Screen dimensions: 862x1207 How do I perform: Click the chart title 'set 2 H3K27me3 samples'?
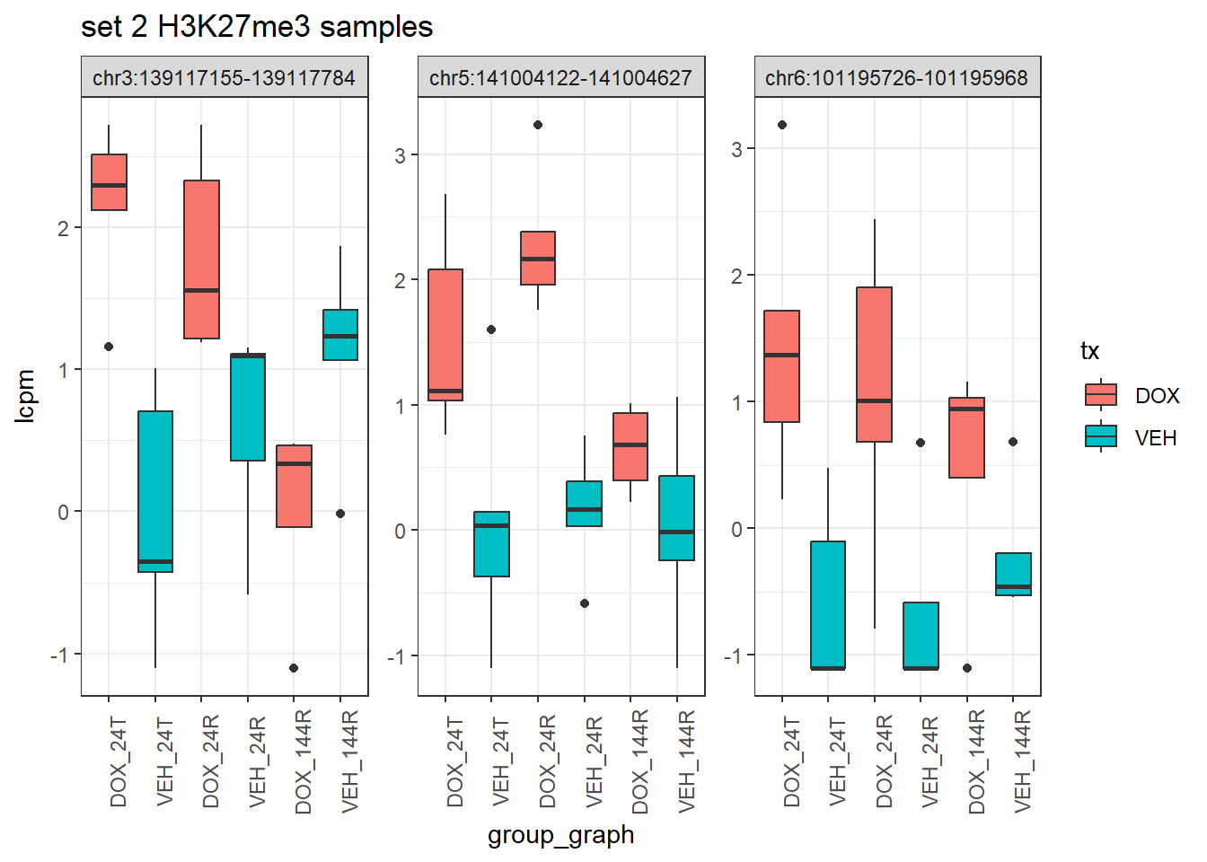257,27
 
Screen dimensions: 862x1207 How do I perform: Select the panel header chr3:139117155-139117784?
224,78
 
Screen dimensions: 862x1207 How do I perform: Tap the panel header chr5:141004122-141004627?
560,78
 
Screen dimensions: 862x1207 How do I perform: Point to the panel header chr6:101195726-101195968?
896,78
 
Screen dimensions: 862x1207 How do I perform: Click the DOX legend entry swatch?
1100,395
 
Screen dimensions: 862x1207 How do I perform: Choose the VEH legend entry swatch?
1100,437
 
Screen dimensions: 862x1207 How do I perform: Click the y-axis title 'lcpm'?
25,396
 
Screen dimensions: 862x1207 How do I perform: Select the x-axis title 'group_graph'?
560,835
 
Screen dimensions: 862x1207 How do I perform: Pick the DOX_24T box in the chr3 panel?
109,182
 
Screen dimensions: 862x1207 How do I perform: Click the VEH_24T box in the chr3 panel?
155,491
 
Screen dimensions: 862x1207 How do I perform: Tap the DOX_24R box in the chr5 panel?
538,258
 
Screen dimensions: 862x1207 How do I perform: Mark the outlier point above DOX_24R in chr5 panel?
538,125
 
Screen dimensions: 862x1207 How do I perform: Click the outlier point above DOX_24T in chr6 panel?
782,125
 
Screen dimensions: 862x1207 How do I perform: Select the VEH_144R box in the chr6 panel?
1013,574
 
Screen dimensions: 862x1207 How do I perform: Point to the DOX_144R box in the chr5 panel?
630,446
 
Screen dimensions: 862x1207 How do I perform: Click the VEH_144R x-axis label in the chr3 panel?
349,761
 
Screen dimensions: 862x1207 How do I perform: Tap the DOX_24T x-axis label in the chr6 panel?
791,761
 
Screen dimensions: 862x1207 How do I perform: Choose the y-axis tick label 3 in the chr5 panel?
401,155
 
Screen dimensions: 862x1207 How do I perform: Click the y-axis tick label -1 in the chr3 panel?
59,655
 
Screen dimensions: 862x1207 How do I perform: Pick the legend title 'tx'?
1090,351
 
